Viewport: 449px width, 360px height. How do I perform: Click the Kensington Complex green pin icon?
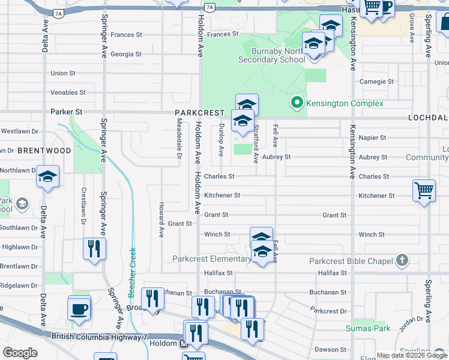point(296,103)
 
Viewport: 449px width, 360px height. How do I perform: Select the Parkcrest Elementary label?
point(211,259)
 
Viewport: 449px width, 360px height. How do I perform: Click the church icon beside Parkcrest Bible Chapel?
point(402,260)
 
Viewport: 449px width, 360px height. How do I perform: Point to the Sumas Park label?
point(368,328)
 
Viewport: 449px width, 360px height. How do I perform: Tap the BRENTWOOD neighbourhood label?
point(44,151)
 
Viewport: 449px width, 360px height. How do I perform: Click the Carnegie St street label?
point(376,81)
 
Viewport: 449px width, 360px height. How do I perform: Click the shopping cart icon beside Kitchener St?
point(424,190)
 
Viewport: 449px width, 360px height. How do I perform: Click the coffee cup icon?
point(79,309)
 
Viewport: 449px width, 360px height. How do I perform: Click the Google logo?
point(20,353)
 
